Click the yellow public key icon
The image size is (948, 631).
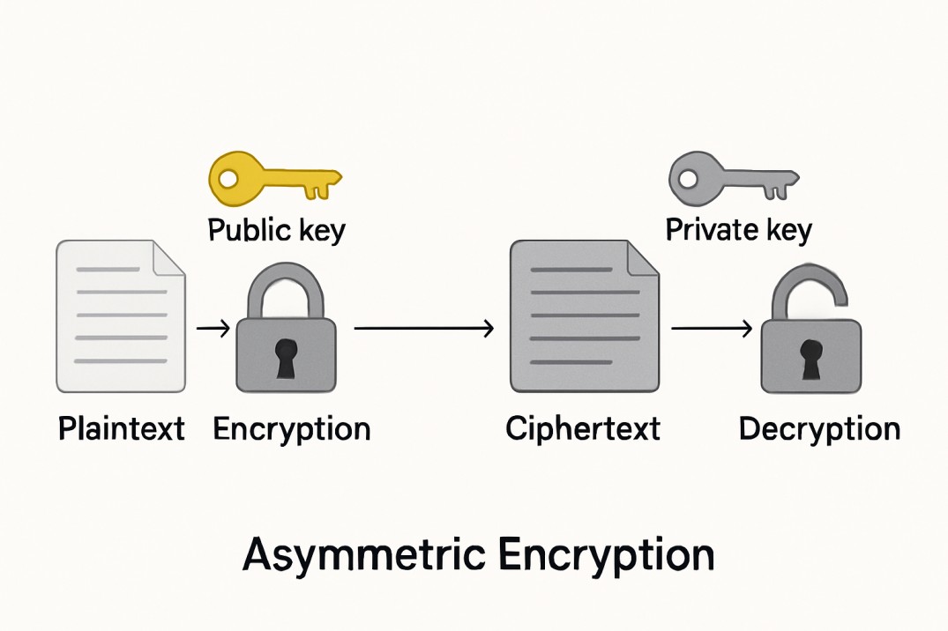[x=272, y=179]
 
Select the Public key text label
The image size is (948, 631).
[x=276, y=230]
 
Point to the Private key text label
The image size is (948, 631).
[x=738, y=230]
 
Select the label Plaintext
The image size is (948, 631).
[x=122, y=429]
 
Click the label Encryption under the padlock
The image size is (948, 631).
[x=292, y=429]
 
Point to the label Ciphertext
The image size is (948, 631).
[x=583, y=429]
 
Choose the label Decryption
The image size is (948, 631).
[x=819, y=429]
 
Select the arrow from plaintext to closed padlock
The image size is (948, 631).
[x=213, y=329]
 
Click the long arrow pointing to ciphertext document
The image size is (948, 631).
[x=423, y=329]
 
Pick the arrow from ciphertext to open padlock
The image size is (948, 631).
[x=711, y=329]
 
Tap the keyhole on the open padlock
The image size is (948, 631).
[x=810, y=358]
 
